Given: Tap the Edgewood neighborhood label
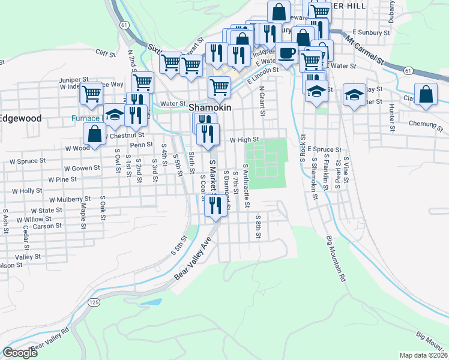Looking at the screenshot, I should tap(20, 118).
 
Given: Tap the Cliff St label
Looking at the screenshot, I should tap(105, 53).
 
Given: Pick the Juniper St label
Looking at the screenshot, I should tap(73, 79).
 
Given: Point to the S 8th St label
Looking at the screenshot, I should tap(258, 227).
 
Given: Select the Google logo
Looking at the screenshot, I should tap(20, 353).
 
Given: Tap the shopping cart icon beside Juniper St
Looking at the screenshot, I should tap(91, 94).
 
